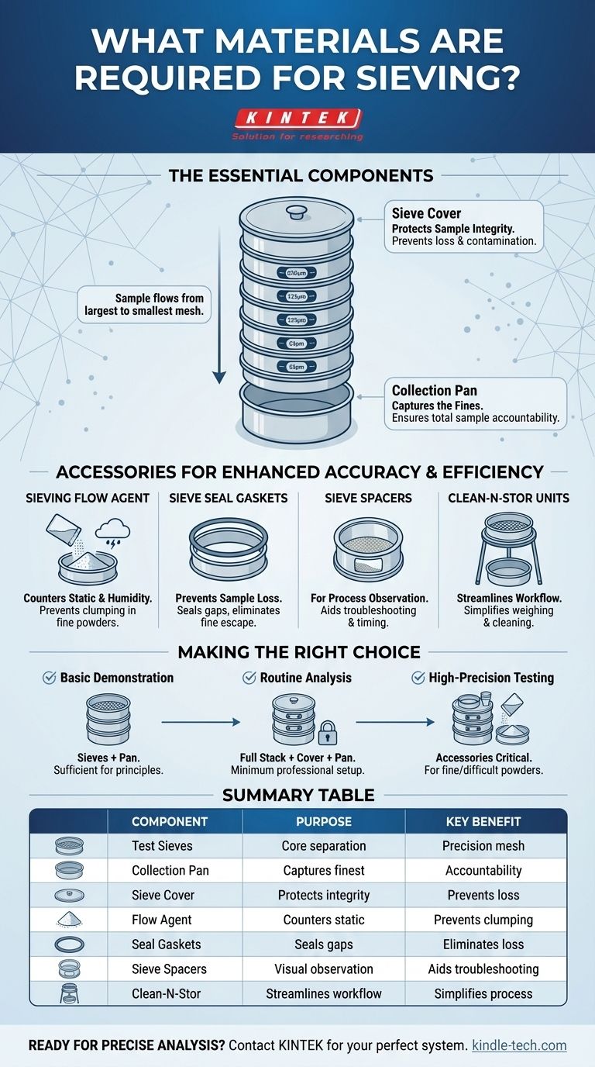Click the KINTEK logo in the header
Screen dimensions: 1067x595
297,119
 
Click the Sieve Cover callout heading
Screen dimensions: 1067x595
426,213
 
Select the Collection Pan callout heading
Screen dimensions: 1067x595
432,391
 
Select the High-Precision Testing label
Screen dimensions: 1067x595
491,678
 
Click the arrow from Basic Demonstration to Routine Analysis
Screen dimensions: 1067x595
200,722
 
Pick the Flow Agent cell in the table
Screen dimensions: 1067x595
161,920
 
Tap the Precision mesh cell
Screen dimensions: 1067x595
485,846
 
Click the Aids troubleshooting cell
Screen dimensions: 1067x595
483,969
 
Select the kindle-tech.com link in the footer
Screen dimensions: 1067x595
519,1045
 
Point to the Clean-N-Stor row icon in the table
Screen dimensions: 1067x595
70,993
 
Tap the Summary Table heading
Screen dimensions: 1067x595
297,795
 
